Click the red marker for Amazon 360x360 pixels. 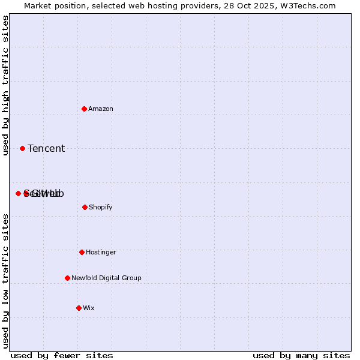[x=84, y=109]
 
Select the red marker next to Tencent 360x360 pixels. [x=22, y=148]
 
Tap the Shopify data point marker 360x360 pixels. [x=85, y=207]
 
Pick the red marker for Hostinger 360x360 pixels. [x=82, y=252]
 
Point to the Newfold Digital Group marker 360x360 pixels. [x=67, y=278]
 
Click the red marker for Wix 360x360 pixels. [x=79, y=308]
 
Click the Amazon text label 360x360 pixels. [x=101, y=109]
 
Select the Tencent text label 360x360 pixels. [x=46, y=148]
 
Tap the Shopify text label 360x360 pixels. [x=101, y=207]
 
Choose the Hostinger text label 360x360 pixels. [x=101, y=252]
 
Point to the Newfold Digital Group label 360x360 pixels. [x=106, y=278]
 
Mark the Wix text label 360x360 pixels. [x=89, y=308]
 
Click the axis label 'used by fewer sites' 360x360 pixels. [x=62, y=355]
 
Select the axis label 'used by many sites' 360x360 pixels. [x=301, y=355]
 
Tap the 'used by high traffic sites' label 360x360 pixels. [x=5, y=85]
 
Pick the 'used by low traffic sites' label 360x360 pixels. [x=5, y=281]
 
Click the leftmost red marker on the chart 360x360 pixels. [x=18, y=193]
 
